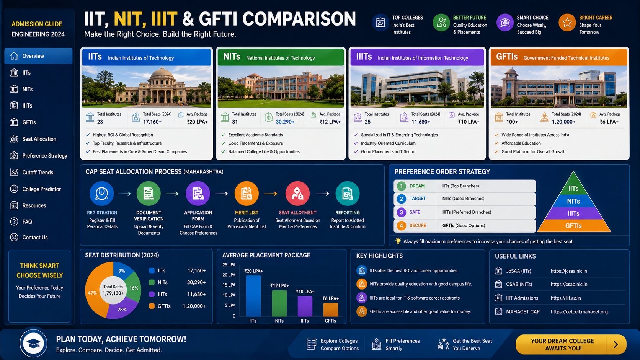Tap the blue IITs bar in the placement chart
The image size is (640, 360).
(x=253, y=296)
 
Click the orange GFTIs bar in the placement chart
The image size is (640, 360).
(x=331, y=310)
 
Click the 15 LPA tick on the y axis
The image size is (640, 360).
(x=229, y=285)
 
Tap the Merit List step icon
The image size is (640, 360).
(x=247, y=194)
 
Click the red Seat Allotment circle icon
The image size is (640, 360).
(x=297, y=194)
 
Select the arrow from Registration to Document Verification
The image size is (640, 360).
(x=124, y=194)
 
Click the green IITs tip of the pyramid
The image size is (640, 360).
(x=573, y=184)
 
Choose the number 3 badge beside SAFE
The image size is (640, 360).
(x=401, y=212)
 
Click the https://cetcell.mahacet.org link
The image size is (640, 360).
(x=579, y=312)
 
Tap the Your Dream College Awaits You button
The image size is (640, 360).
(x=571, y=345)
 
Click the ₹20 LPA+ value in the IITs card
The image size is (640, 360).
(x=197, y=122)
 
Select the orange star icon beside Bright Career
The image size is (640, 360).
(x=567, y=23)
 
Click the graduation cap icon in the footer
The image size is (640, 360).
(x=33, y=344)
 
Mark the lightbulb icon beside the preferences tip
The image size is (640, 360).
(x=398, y=241)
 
